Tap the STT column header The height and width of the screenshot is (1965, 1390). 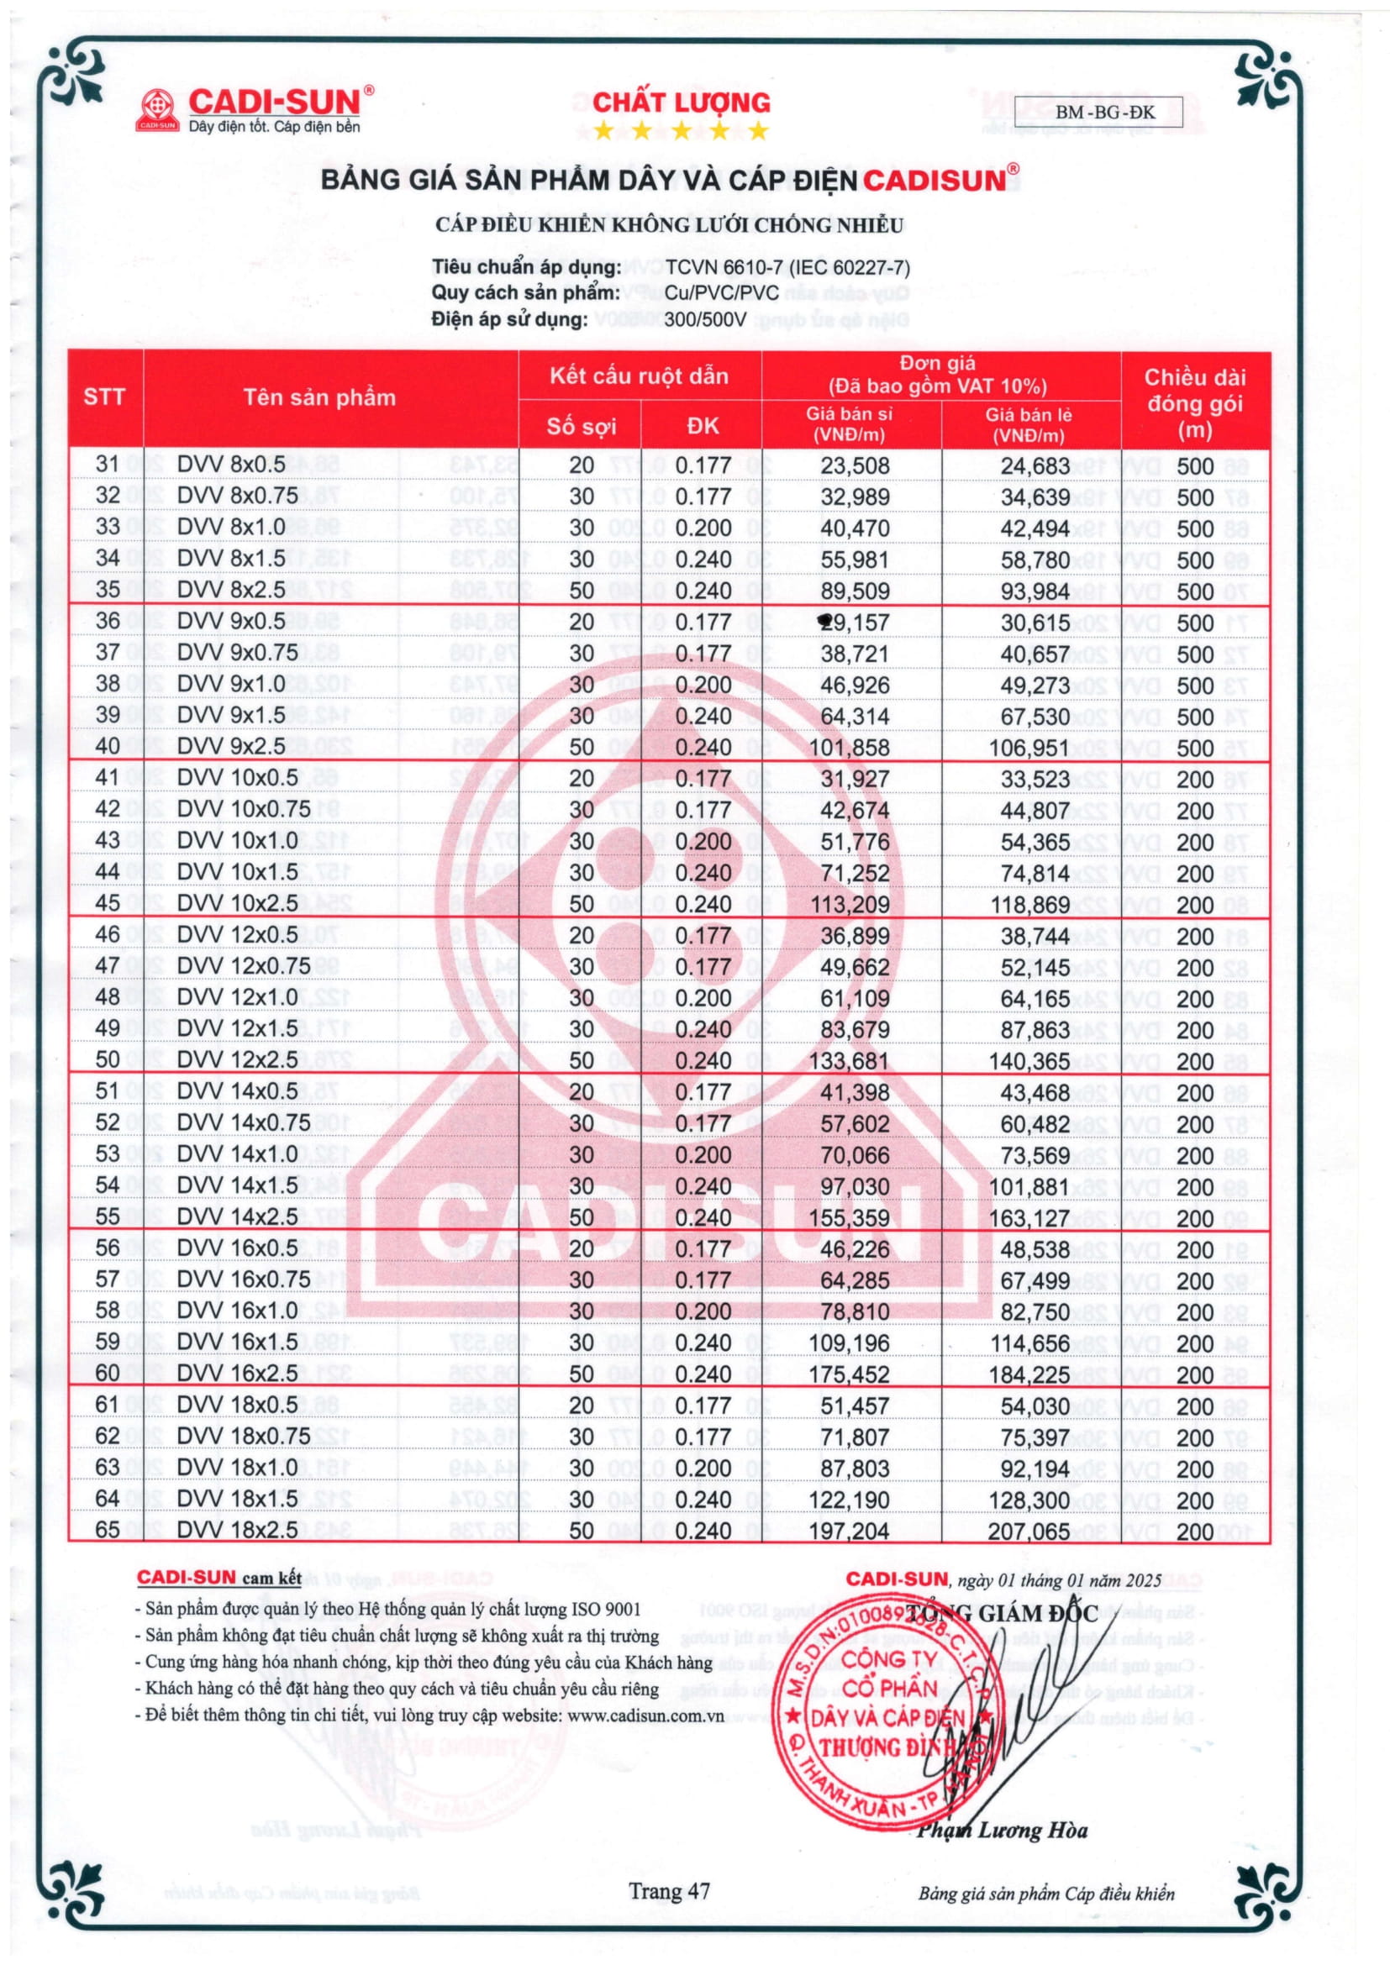pos(104,397)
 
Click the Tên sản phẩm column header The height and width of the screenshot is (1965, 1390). pos(319,397)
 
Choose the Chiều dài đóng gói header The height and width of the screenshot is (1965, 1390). pos(1195,403)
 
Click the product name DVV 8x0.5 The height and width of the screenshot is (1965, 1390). pos(231,465)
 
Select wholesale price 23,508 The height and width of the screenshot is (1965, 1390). pos(854,466)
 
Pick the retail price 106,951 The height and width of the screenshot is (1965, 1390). pos(1029,749)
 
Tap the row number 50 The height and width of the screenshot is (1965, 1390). pos(108,1060)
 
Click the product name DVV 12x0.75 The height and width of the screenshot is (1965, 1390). pos(243,966)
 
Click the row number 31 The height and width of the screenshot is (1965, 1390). pos(108,465)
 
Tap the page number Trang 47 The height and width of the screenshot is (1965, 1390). pos(669,1891)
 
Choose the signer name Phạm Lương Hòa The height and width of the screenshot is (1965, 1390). pos(1003,1831)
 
